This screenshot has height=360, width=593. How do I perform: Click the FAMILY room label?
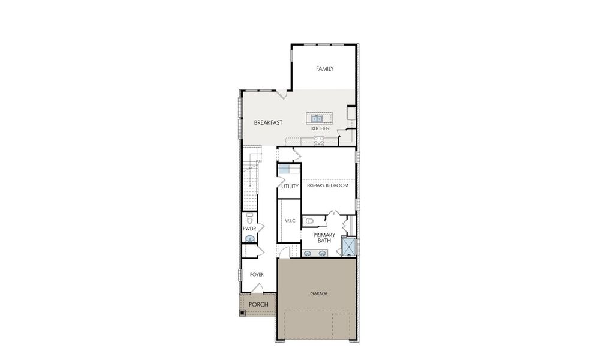(x=325, y=69)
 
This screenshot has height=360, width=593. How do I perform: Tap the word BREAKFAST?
(x=268, y=122)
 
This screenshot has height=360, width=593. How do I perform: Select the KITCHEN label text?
(x=320, y=128)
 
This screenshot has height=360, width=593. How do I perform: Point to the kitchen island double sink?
(x=318, y=118)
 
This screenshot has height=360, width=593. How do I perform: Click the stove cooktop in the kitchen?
(x=319, y=141)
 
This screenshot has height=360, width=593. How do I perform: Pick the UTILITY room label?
(x=290, y=187)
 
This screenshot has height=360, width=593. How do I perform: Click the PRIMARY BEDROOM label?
(x=327, y=186)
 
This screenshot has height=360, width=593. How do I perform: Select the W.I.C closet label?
(x=289, y=221)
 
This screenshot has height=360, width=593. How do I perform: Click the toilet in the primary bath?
(x=308, y=221)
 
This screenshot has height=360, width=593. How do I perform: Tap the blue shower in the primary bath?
(x=348, y=247)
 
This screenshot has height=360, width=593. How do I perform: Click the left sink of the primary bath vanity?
(x=308, y=253)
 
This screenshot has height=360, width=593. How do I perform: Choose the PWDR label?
(x=249, y=229)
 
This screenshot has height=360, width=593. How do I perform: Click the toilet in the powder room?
(x=249, y=219)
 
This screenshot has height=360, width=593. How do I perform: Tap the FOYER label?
(x=257, y=275)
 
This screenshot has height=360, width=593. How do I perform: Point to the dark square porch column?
(x=243, y=312)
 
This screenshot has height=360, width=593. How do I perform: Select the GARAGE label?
(x=318, y=293)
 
